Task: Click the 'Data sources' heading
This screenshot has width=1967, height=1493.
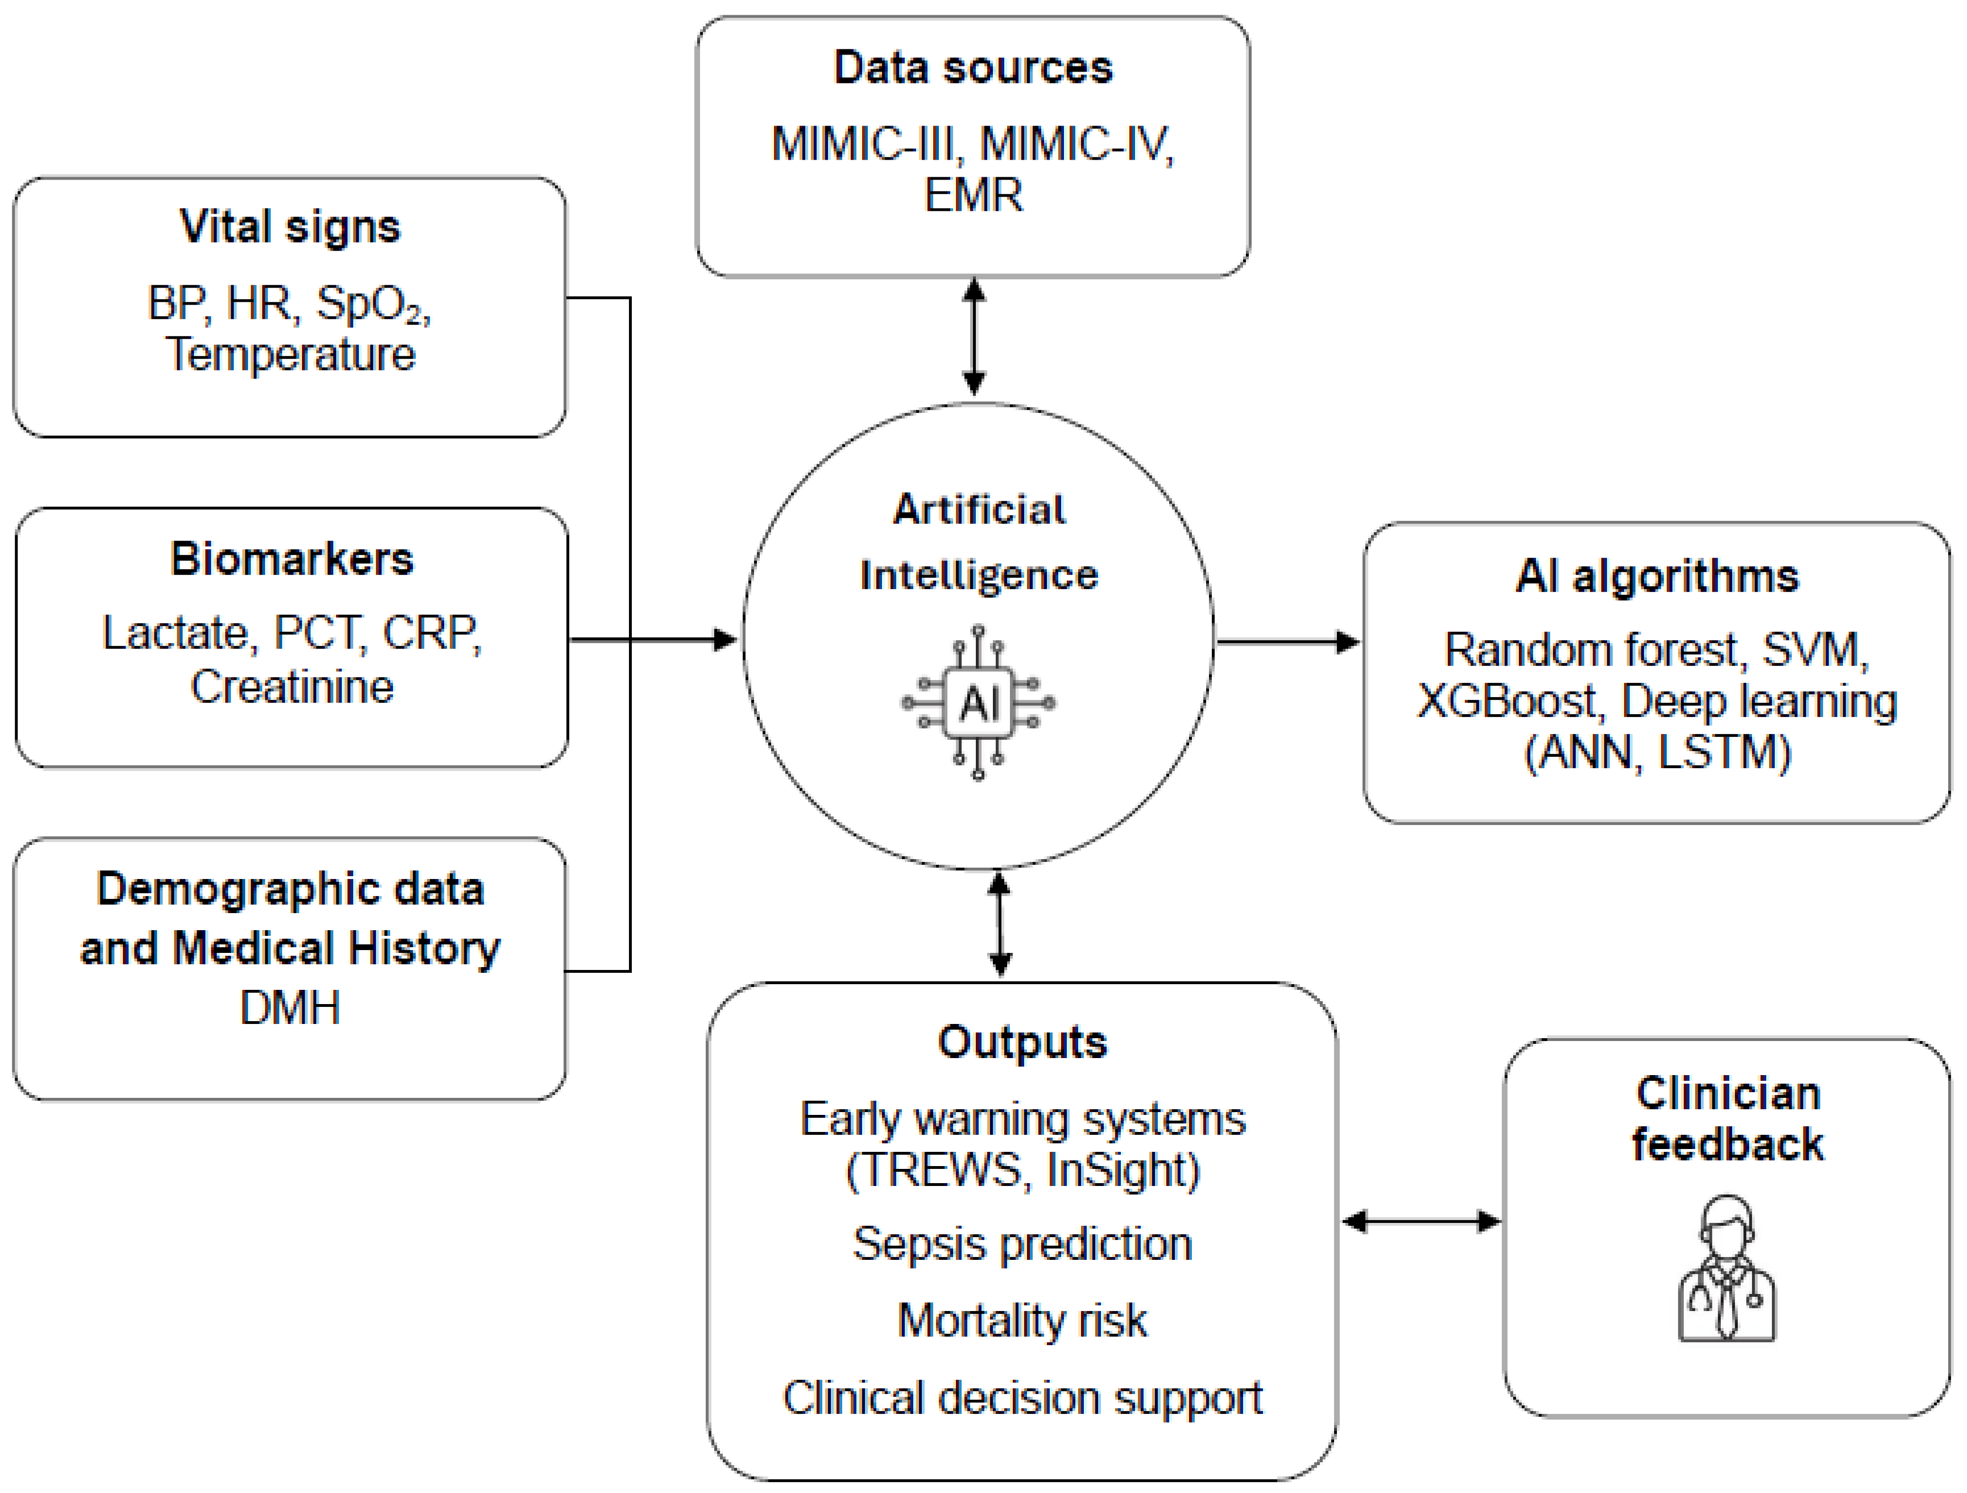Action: click(x=973, y=68)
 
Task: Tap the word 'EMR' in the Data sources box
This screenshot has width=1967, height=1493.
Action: click(x=974, y=195)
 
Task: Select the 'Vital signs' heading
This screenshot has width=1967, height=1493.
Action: click(x=290, y=227)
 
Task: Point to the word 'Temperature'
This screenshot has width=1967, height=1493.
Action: click(x=290, y=354)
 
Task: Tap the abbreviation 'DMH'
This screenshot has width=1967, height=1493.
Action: click(x=290, y=1007)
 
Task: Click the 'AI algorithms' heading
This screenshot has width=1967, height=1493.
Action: click(x=1657, y=576)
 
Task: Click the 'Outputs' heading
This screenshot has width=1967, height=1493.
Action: click(x=1022, y=1042)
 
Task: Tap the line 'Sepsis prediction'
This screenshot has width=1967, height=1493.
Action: click(x=1022, y=1244)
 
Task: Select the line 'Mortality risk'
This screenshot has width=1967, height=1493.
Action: click(x=1022, y=1321)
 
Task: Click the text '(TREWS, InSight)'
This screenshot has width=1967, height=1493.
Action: click(x=1022, y=1169)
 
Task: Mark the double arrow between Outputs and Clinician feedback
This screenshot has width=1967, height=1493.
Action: click(x=1421, y=1222)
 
